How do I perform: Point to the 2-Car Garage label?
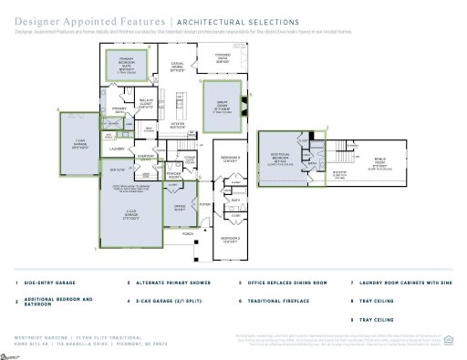pos(131,214)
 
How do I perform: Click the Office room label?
pos(180,208)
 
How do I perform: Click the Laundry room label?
pos(117,148)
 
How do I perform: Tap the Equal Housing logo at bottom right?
pos(447,344)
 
